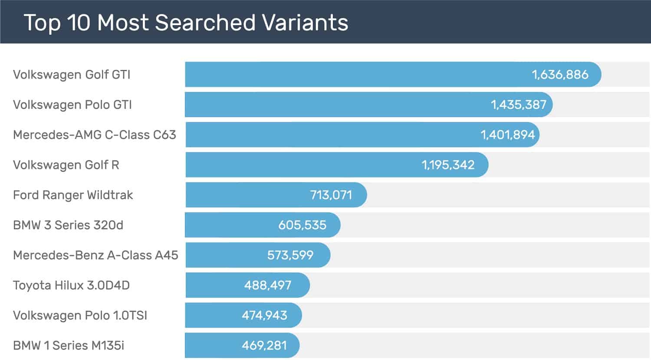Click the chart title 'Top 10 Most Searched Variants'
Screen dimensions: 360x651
coord(186,23)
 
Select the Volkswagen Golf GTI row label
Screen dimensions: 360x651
coord(72,75)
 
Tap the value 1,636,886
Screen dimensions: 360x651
coord(560,75)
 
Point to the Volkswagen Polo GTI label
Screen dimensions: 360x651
coord(72,105)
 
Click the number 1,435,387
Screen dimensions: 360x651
coord(518,105)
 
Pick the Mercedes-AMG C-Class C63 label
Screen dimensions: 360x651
coord(95,135)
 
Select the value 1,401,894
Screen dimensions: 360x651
coord(507,135)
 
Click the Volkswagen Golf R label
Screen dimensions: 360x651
coord(66,165)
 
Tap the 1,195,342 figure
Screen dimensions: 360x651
coord(448,165)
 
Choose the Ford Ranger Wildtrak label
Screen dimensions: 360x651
coord(73,195)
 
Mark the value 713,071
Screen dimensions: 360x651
coord(331,195)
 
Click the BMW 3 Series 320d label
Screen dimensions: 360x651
coord(68,225)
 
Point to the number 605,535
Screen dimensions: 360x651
coord(302,225)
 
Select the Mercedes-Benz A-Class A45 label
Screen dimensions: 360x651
coord(95,255)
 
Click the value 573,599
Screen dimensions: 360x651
coord(290,255)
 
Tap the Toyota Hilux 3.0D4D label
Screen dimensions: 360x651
coord(71,285)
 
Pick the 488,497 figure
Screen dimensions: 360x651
coord(267,285)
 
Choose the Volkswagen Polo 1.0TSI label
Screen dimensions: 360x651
coord(80,315)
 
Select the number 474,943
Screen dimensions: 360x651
coord(264,315)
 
